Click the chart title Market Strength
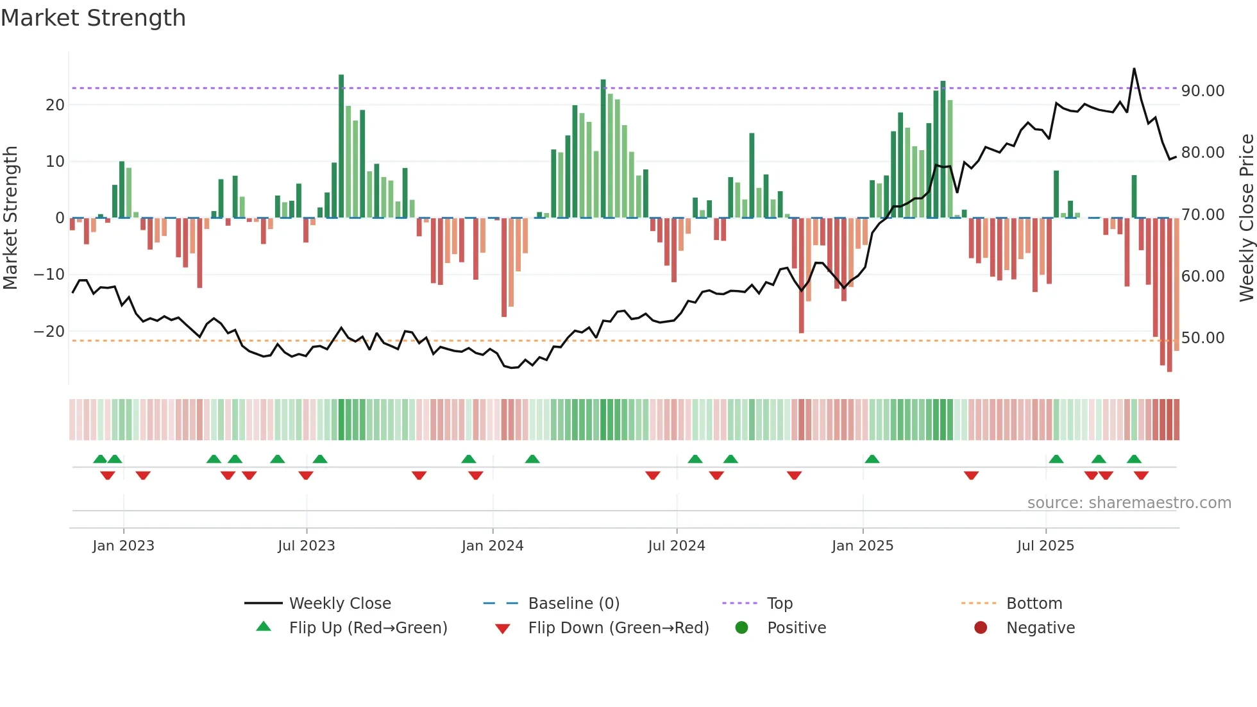coord(93,18)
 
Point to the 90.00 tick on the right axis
coord(1202,91)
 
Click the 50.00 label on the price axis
coord(1202,338)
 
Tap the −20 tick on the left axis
coord(49,332)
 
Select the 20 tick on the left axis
coord(55,105)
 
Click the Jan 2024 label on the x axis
coord(492,546)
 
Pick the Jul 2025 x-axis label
coord(1045,546)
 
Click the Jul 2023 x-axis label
coord(306,546)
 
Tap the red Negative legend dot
coord(980,627)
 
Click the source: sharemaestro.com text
coord(1129,503)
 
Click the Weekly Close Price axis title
coord(1246,217)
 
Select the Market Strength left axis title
coord(10,217)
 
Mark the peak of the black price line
coord(1134,69)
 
